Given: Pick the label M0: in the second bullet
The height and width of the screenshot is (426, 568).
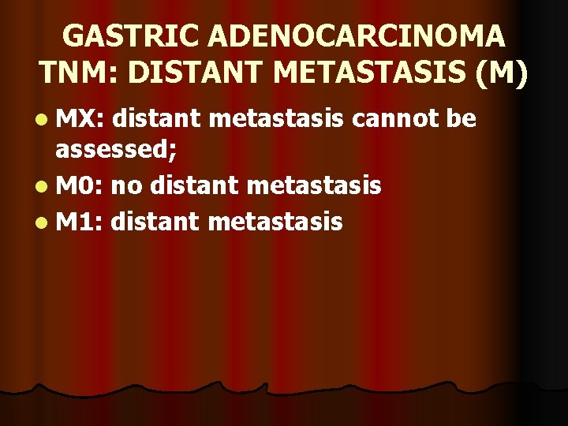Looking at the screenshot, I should (80, 187).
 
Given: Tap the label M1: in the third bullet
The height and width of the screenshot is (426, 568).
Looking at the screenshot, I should (80, 222).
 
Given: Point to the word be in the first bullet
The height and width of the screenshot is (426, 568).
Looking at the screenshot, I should (461, 119).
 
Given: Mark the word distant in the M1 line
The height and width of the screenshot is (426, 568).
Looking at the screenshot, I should (155, 222).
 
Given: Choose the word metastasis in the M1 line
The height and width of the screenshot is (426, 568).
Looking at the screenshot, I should (275, 222).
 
